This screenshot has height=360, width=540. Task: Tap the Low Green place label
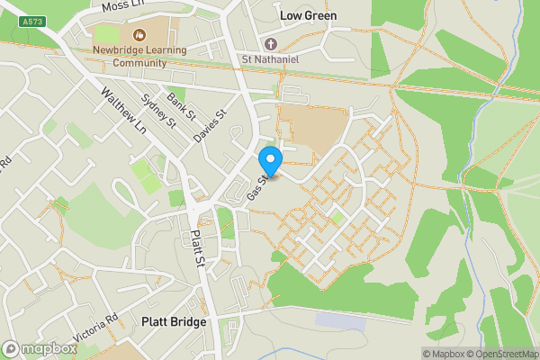click(x=308, y=15)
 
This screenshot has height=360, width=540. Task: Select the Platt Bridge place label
click(x=174, y=321)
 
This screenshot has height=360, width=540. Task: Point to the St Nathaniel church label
click(x=268, y=59)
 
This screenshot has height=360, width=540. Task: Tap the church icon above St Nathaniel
click(x=269, y=44)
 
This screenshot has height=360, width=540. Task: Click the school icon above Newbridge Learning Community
click(x=139, y=35)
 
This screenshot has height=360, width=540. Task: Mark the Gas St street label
click(x=256, y=187)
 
